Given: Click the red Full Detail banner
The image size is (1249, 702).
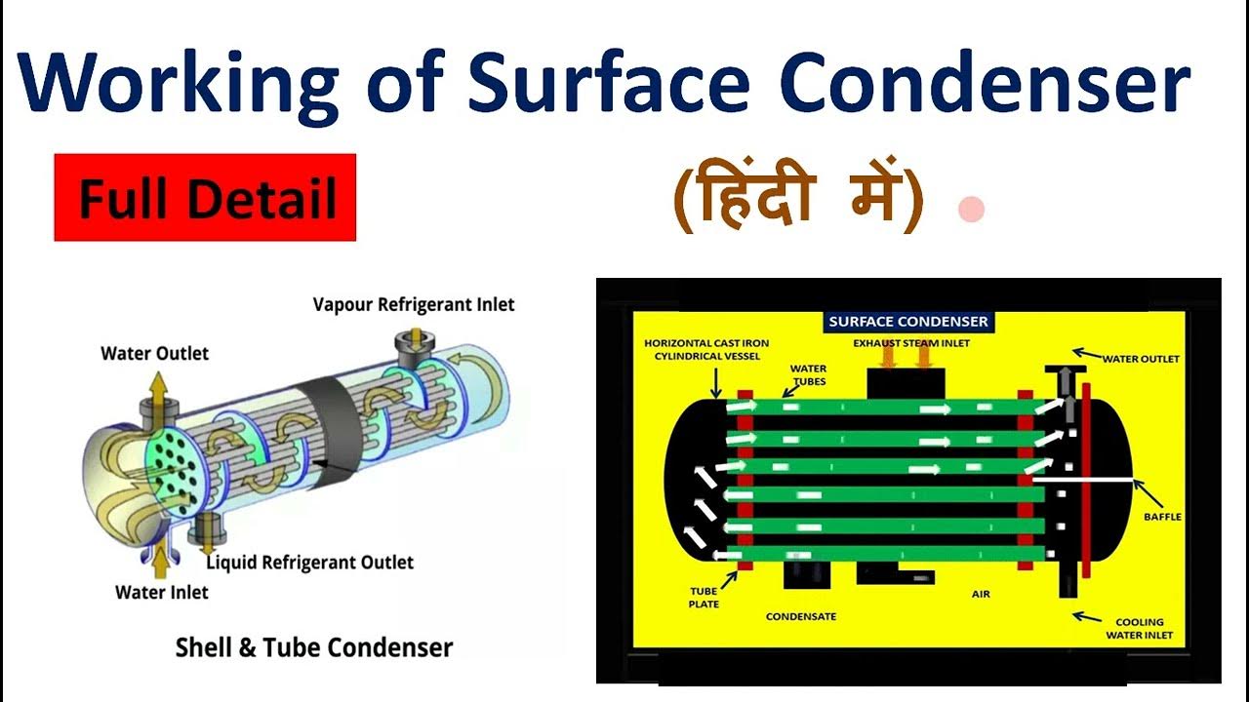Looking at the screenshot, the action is click(205, 198).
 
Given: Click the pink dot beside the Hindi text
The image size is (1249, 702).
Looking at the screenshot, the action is click(971, 210).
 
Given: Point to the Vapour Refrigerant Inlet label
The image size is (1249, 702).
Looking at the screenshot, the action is click(413, 304).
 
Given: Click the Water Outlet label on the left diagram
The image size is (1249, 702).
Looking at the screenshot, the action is click(155, 353).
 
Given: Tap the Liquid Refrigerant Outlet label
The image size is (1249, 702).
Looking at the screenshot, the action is click(309, 563).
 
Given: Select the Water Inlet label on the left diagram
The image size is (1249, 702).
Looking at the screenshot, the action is click(162, 592).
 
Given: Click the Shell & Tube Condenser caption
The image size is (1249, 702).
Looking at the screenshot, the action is click(313, 647).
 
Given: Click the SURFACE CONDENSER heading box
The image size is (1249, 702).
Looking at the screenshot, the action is click(907, 321).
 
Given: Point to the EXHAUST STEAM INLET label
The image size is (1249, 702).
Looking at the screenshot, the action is click(911, 343).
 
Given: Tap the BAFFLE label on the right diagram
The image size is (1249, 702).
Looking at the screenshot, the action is click(1162, 516).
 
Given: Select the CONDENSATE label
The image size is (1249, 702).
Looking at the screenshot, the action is click(800, 616).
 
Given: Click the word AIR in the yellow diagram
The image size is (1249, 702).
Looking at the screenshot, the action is click(981, 593).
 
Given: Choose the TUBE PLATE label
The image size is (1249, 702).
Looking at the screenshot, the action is click(704, 597).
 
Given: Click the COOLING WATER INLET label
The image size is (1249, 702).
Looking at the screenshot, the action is click(1140, 628).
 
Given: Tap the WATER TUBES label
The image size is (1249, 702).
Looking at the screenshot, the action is click(809, 374).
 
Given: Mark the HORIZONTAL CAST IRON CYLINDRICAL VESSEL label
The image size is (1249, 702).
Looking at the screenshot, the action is click(700, 349).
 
